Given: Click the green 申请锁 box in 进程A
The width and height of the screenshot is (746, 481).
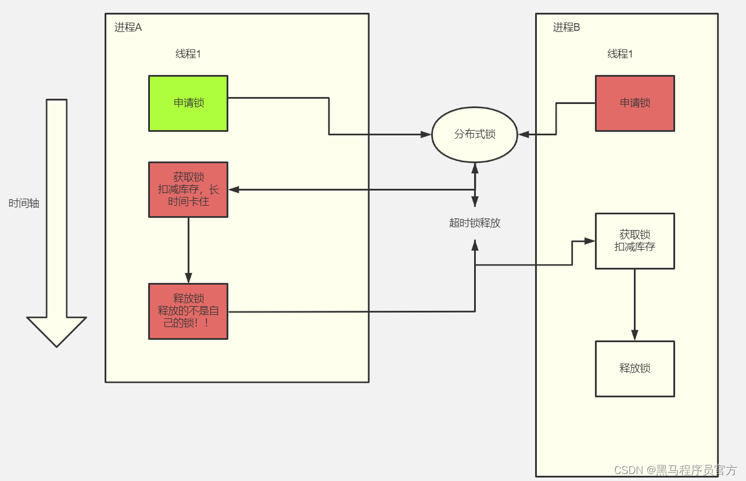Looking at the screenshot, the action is [188, 103].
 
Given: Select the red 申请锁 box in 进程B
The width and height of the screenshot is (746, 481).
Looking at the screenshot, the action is [635, 103].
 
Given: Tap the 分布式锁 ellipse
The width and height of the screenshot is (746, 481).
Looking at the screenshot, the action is [475, 135].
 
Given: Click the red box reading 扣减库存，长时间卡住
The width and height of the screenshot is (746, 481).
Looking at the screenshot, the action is [188, 189].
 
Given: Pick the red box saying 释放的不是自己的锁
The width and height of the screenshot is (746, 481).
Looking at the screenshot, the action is [188, 311].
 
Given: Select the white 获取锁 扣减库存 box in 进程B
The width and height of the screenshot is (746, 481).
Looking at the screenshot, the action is [635, 241].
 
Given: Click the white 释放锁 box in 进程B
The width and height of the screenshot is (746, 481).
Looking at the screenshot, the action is [635, 369].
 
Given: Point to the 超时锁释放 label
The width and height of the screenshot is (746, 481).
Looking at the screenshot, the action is [475, 223].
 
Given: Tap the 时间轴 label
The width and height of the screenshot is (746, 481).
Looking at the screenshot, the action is [24, 203].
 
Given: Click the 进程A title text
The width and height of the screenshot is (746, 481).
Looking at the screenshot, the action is [128, 27].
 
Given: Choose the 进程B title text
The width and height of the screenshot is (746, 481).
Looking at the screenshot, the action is [566, 27].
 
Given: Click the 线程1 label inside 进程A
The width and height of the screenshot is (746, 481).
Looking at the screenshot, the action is [188, 53].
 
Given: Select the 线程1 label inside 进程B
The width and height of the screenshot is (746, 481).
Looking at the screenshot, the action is [620, 53].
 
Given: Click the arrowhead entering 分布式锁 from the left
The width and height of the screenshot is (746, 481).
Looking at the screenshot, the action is [426, 135].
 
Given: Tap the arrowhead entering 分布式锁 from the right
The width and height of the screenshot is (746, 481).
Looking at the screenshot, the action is [523, 135].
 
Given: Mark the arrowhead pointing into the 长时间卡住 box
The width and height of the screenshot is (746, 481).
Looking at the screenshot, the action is [234, 189].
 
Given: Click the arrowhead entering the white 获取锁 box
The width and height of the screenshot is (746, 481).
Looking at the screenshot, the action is [590, 241].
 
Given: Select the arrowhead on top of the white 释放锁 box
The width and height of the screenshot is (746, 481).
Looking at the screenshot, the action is [635, 335].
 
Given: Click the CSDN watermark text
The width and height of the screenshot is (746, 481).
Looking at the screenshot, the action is [675, 470].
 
